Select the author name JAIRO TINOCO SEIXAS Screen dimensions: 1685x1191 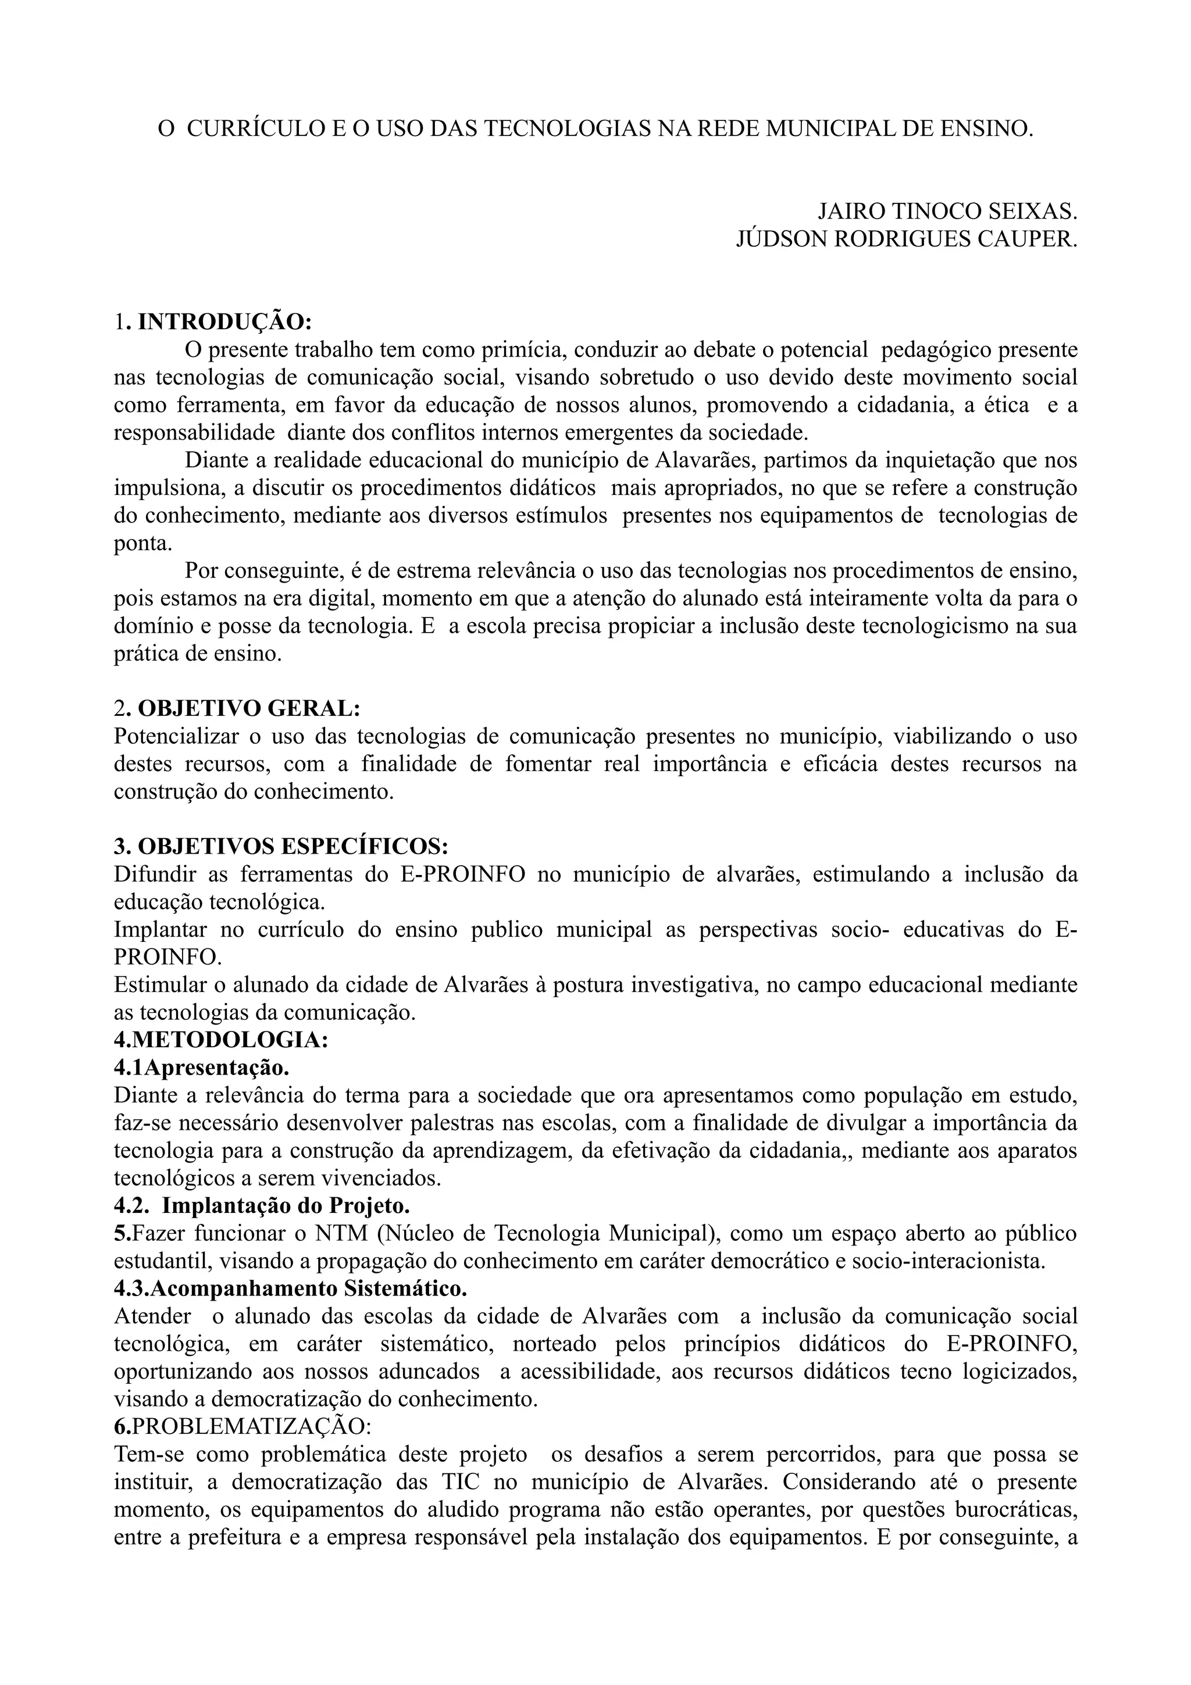(x=947, y=212)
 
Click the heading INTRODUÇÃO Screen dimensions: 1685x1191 (x=224, y=322)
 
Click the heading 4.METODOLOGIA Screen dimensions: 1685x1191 (x=221, y=1039)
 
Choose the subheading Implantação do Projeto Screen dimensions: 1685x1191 (x=286, y=1205)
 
